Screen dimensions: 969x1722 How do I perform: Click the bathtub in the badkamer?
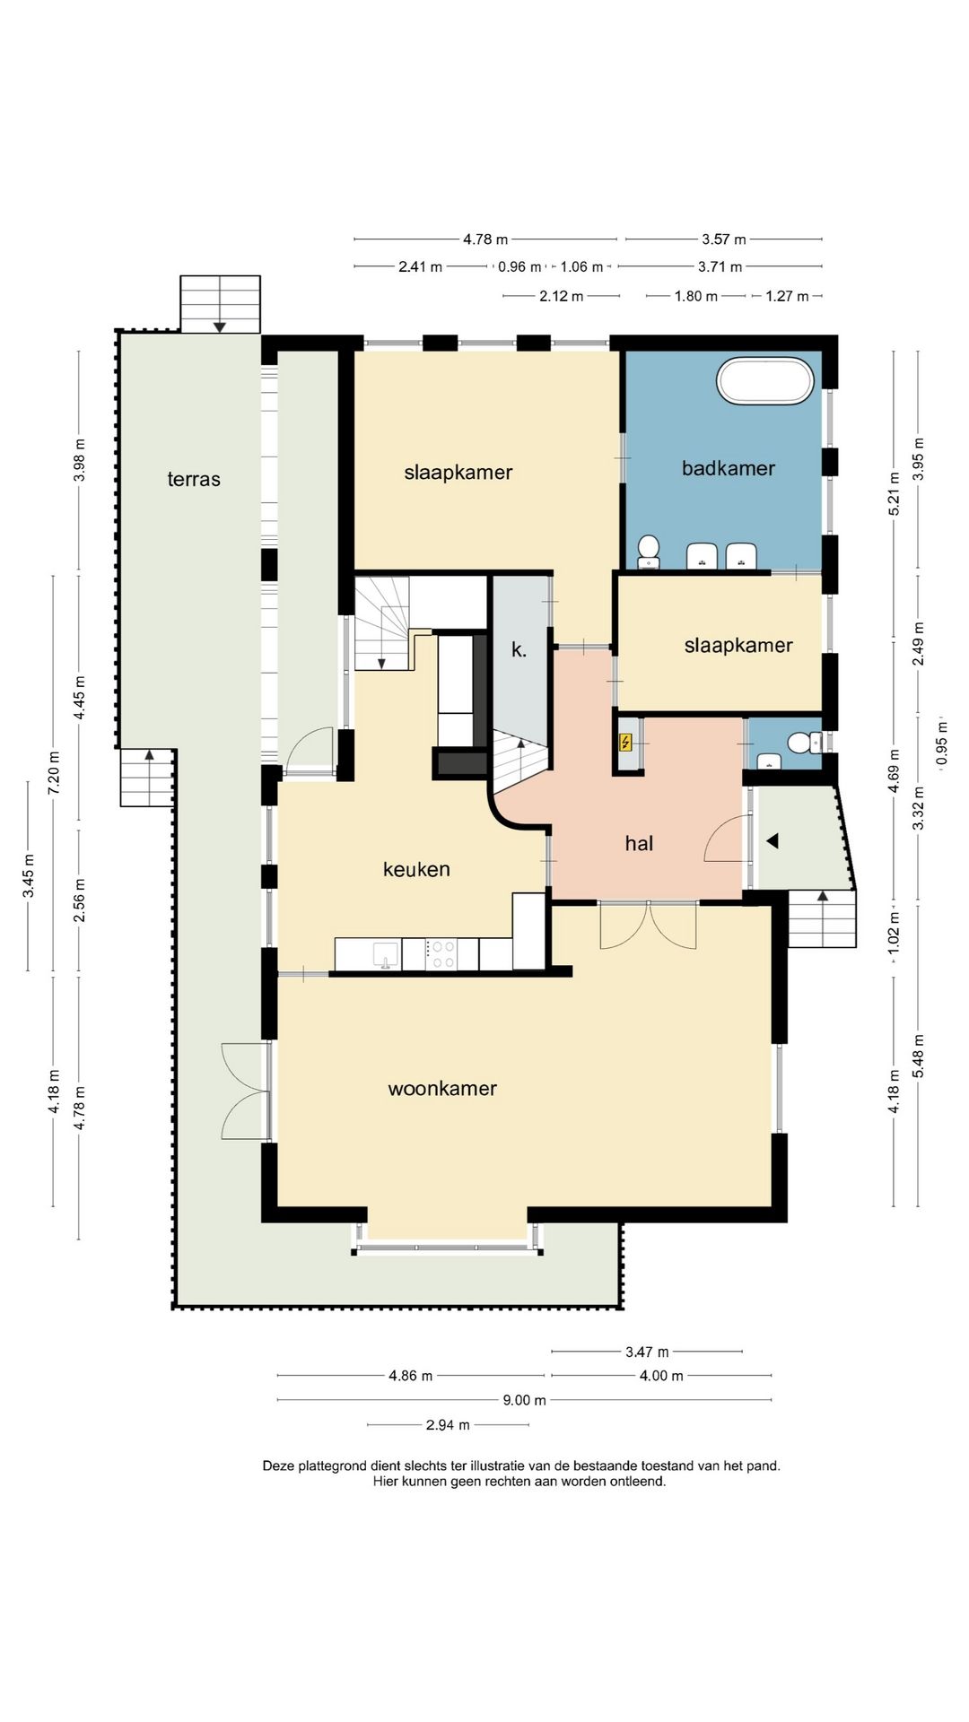click(765, 381)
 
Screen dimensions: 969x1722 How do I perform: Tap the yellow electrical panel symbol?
click(626, 743)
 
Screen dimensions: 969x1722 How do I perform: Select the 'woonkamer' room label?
click(442, 1089)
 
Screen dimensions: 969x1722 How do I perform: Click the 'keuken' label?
click(416, 869)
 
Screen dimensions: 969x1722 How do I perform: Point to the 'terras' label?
click(194, 479)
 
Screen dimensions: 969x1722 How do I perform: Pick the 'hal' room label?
click(639, 843)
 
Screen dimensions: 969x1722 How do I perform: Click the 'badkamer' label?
click(729, 467)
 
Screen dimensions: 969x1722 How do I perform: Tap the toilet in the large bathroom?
click(648, 551)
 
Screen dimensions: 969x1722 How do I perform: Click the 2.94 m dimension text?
click(448, 1424)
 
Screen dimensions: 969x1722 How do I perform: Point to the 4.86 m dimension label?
click(411, 1376)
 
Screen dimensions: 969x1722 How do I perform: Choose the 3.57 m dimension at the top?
click(724, 239)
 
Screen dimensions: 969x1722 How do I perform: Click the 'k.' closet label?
click(519, 650)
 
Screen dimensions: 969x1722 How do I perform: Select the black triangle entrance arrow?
click(772, 841)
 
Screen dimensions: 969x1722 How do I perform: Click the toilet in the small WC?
click(801, 743)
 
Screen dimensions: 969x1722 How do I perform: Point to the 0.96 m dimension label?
click(519, 267)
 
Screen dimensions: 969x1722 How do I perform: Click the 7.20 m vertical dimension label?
click(54, 772)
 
